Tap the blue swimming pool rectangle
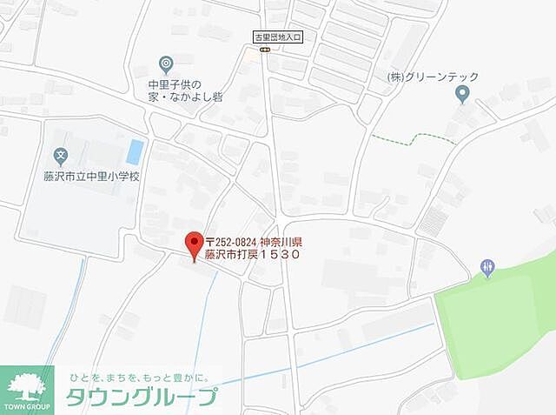pyautogui.click(x=135, y=151)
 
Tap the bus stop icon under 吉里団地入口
pyautogui.click(x=264, y=50)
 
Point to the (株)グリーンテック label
pyautogui.click(x=431, y=76)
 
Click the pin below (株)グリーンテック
pyautogui.click(x=462, y=94)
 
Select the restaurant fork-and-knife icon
pyautogui.click(x=487, y=268)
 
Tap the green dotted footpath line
pyautogui.click(x=408, y=137)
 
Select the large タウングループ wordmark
pyautogui.click(x=142, y=397)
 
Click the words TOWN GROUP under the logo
pyautogui.click(x=30, y=407)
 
